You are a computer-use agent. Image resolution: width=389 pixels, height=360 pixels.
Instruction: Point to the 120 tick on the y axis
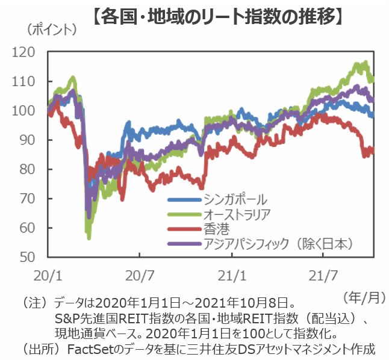click(x=31, y=52)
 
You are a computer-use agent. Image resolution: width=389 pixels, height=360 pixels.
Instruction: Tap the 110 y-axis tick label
click(x=31, y=82)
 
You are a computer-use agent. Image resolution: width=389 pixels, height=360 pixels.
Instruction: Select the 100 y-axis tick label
click(x=31, y=111)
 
